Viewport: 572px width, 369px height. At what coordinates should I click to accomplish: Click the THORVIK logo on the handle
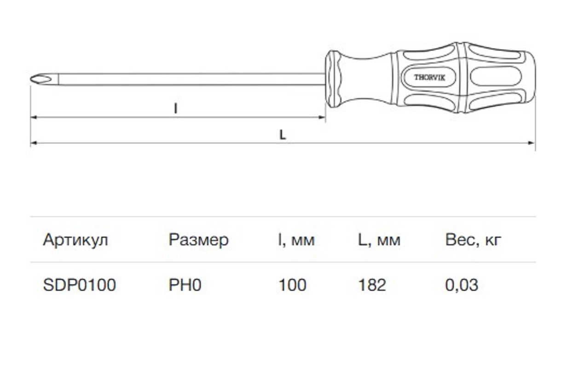tap(429, 77)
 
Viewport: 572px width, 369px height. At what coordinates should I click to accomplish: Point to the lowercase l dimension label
tap(175, 108)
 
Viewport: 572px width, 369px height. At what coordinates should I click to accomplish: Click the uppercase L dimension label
tap(283, 135)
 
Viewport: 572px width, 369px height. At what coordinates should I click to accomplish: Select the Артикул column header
tap(75, 240)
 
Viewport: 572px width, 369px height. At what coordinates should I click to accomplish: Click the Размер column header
tap(198, 240)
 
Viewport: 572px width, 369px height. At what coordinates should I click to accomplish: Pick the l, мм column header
tap(296, 240)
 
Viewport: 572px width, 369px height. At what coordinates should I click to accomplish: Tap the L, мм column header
tap(379, 240)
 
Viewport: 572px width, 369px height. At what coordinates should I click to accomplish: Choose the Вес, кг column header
tap(473, 240)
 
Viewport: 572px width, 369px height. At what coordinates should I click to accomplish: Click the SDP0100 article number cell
tap(80, 285)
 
